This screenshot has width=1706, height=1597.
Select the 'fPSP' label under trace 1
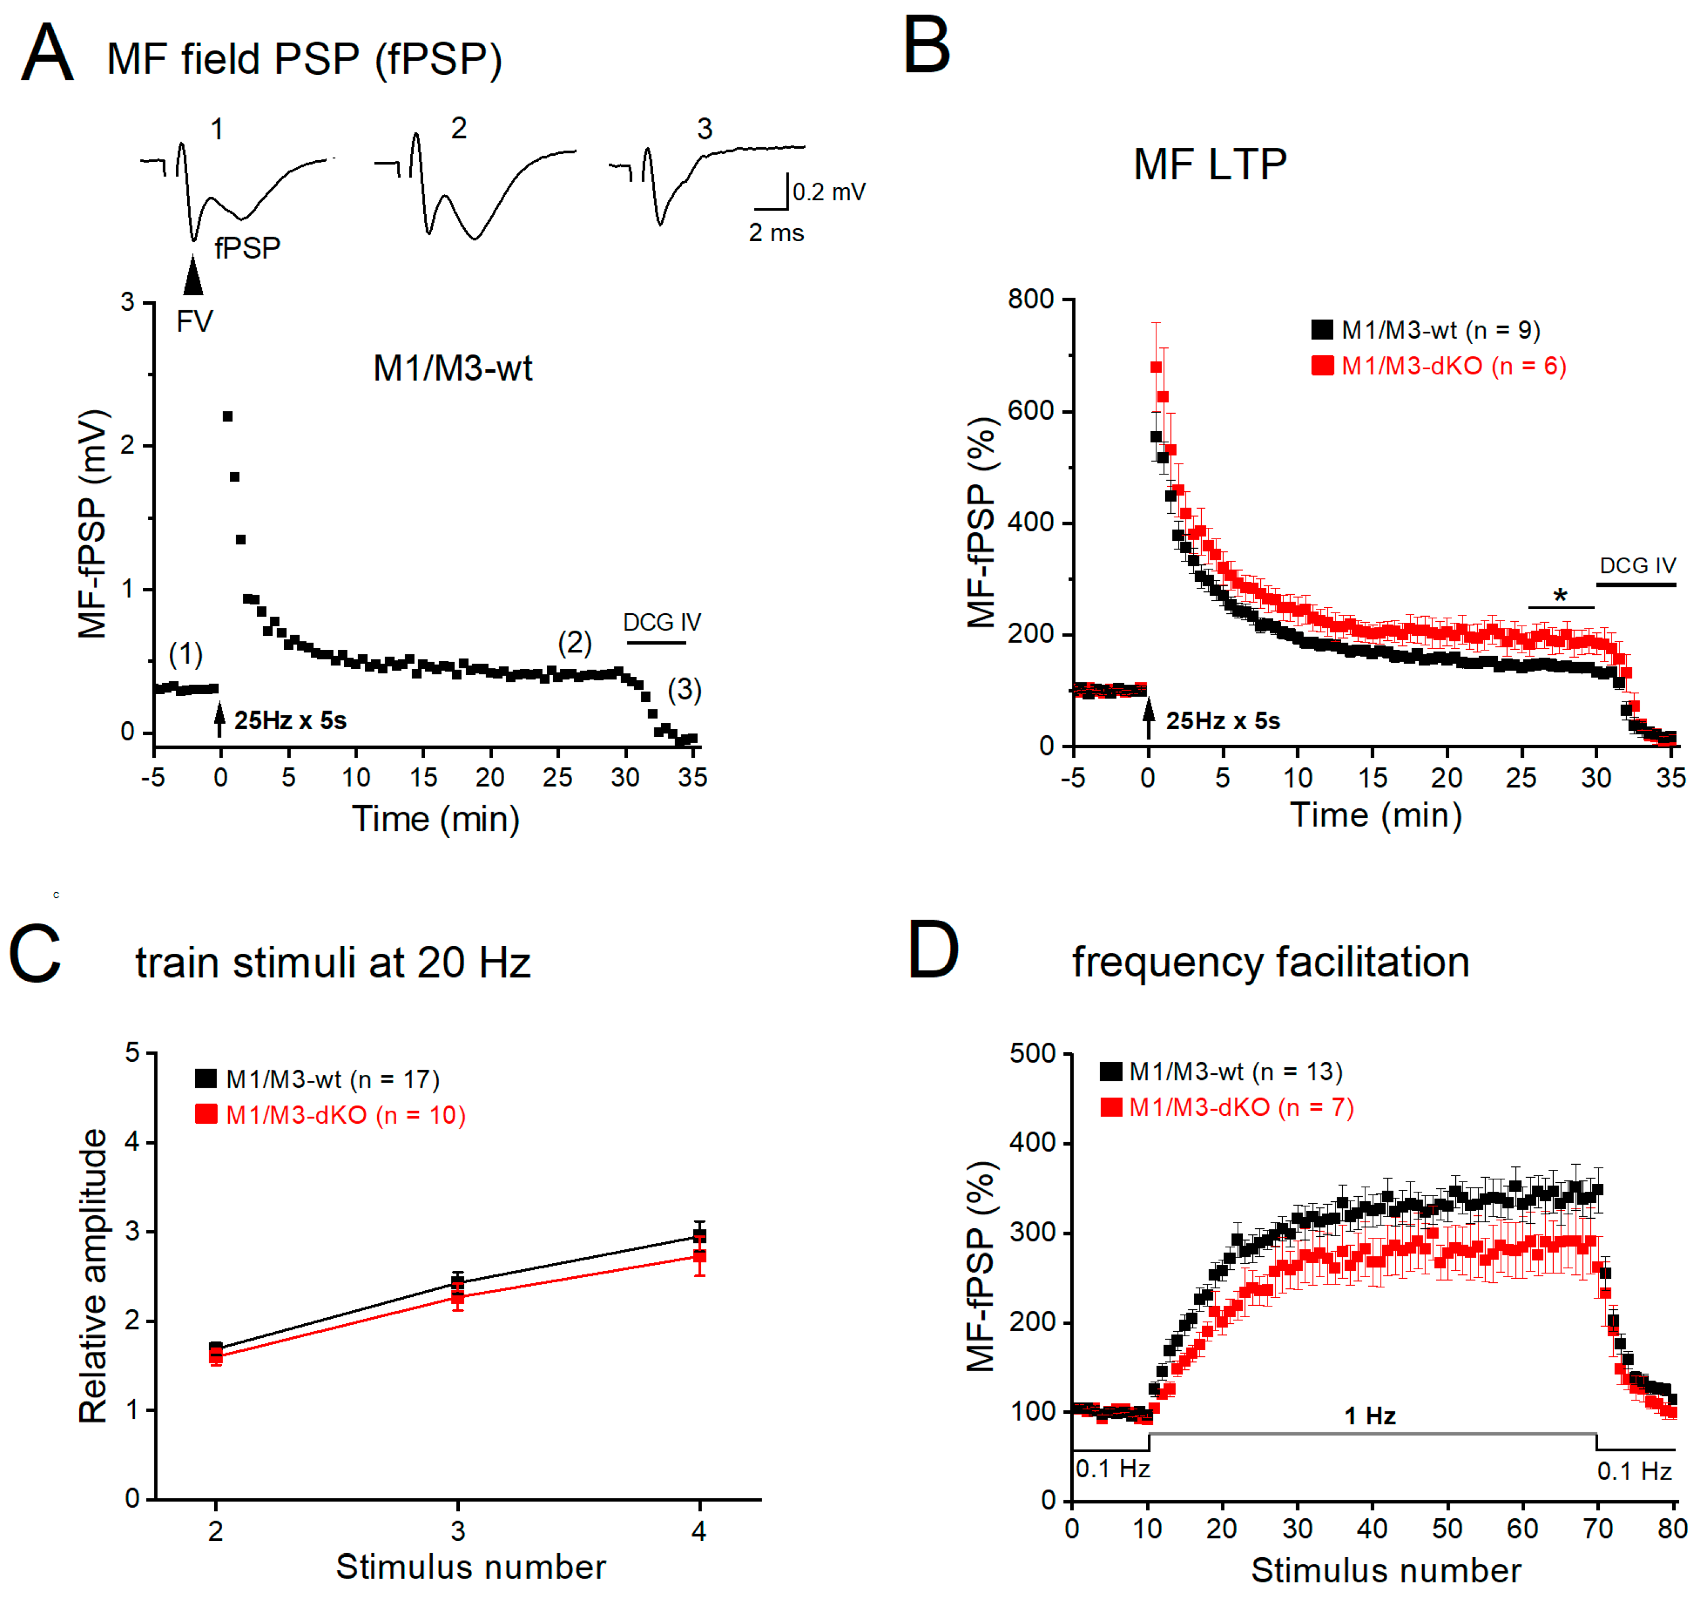tap(247, 248)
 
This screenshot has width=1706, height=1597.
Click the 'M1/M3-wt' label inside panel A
tap(452, 368)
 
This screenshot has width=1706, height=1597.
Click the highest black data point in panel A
tap(228, 416)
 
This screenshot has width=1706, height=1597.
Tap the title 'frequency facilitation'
tap(1270, 961)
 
